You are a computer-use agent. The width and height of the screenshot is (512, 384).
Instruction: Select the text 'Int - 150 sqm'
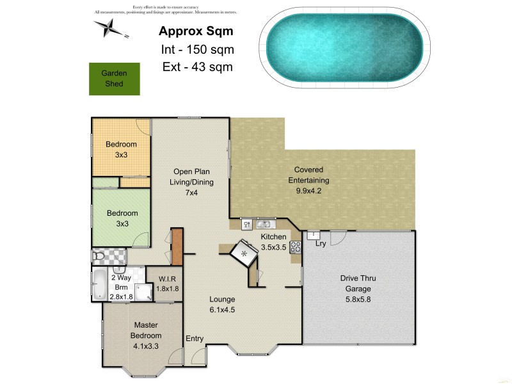click(x=197, y=49)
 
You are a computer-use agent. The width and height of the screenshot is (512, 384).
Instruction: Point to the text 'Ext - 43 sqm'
click(x=196, y=67)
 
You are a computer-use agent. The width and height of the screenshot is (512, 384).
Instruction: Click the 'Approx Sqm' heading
click(x=196, y=31)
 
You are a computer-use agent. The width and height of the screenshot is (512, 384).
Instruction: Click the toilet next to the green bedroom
click(x=99, y=257)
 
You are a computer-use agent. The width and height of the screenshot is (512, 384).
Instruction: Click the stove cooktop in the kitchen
click(x=296, y=247)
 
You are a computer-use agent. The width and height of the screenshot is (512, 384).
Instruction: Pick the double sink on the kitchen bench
click(x=264, y=225)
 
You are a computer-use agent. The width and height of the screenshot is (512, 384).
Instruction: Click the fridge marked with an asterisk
click(x=244, y=253)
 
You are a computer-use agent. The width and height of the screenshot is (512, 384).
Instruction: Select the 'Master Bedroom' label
click(x=146, y=330)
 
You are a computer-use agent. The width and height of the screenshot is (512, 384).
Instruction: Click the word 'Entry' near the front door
click(x=195, y=338)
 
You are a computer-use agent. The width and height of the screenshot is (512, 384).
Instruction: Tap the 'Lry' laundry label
click(x=321, y=244)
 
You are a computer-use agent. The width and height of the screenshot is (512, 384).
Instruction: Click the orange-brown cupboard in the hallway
click(x=177, y=246)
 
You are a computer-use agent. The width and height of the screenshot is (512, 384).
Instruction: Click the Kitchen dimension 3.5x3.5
click(x=273, y=246)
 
